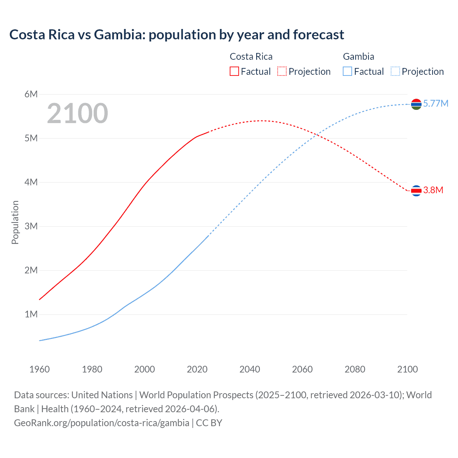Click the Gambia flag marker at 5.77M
pyautogui.click(x=416, y=104)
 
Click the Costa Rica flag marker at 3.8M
pyautogui.click(x=416, y=191)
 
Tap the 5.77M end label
pyautogui.click(x=435, y=103)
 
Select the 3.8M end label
pyautogui.click(x=433, y=190)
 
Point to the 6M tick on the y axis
pyautogui.click(x=31, y=94)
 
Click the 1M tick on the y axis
pyautogui.click(x=31, y=314)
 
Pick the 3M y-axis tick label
pyautogui.click(x=31, y=226)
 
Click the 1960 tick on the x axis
pyautogui.click(x=39, y=369)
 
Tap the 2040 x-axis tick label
pyautogui.click(x=250, y=369)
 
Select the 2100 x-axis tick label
pyautogui.click(x=407, y=369)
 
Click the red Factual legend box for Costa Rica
pyautogui.click(x=234, y=71)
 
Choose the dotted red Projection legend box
pyautogui.click(x=282, y=71)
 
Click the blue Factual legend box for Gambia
pyautogui.click(x=347, y=71)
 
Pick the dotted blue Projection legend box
pyautogui.click(x=395, y=71)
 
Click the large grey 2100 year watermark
pyautogui.click(x=77, y=113)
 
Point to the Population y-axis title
pyautogui.click(x=15, y=222)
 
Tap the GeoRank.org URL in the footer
pyautogui.click(x=102, y=423)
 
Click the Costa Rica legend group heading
pyautogui.click(x=251, y=57)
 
